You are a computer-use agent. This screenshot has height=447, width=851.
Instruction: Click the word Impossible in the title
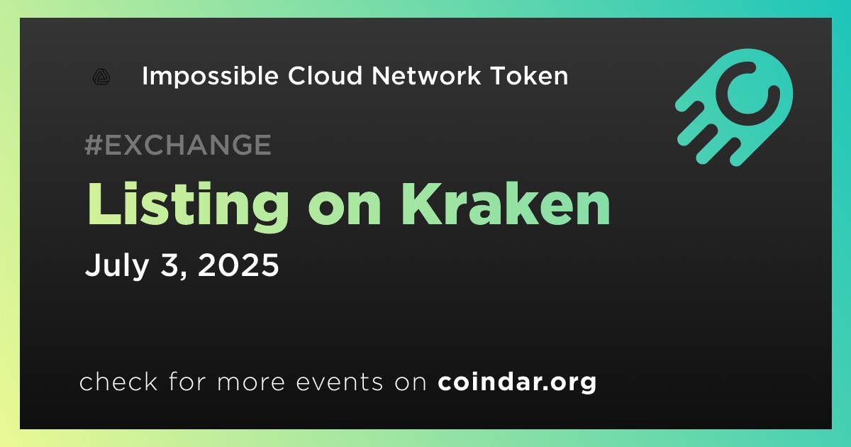click(x=210, y=77)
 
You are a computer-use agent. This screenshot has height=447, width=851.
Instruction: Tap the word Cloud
click(x=325, y=75)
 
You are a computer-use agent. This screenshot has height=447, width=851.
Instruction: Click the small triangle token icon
click(x=101, y=77)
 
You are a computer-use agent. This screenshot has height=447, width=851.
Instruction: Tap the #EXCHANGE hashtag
click(x=178, y=145)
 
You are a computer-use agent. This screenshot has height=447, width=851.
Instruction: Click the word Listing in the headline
click(x=188, y=206)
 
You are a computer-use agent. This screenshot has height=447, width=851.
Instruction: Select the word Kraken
click(x=506, y=204)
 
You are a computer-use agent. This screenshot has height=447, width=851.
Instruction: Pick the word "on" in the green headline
click(x=345, y=210)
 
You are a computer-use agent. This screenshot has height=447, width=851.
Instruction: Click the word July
click(x=116, y=265)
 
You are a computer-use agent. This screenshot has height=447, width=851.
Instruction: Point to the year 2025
click(x=238, y=265)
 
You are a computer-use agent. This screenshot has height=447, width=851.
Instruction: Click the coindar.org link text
click(x=517, y=382)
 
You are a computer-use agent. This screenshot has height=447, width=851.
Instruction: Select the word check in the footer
click(x=118, y=381)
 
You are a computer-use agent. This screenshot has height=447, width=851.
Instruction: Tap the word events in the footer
click(x=339, y=382)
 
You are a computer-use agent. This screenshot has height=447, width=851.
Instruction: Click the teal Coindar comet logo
click(x=734, y=107)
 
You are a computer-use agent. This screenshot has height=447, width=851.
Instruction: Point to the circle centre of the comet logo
click(x=747, y=94)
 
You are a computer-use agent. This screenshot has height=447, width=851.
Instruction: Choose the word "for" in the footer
click(x=187, y=381)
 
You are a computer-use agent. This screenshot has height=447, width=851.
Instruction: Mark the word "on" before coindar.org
click(x=411, y=383)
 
